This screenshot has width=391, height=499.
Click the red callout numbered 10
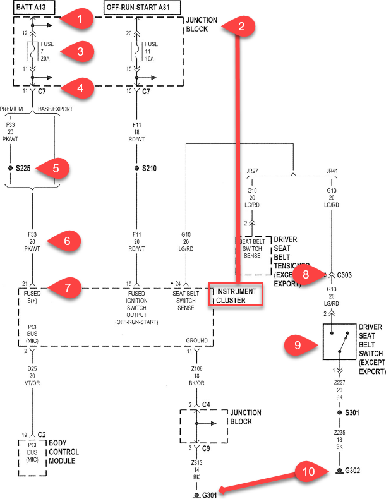308,470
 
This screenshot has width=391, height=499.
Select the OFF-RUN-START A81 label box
142,7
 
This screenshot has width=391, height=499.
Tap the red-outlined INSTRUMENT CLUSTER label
236,296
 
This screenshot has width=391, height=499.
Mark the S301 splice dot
340,412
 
